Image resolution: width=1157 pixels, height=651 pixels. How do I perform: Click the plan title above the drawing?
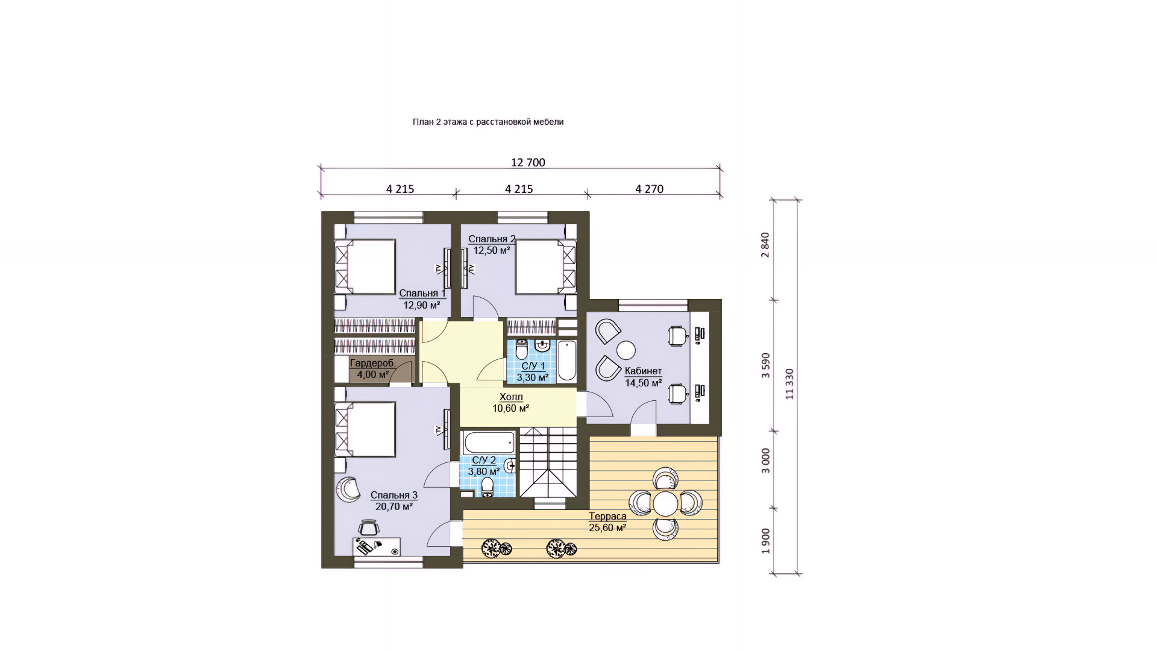tap(488, 122)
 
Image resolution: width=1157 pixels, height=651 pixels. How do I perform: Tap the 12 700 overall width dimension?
tap(528, 162)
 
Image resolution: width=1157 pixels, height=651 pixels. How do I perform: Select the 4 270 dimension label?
tap(649, 189)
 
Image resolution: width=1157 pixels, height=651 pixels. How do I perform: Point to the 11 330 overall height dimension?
tap(789, 384)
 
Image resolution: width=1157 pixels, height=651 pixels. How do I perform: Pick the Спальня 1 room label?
tap(422, 294)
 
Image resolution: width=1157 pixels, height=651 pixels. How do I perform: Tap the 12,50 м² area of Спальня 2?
tap(492, 250)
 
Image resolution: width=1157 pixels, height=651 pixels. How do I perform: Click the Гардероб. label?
tap(373, 363)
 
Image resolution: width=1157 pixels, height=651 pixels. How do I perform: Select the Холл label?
tap(511, 397)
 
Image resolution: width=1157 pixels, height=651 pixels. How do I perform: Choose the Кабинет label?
tap(643, 371)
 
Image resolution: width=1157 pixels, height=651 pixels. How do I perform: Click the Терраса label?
tap(607, 516)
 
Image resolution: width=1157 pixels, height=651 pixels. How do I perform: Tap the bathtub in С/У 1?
tap(566, 361)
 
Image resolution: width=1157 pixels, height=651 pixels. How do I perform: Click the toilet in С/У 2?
tap(488, 487)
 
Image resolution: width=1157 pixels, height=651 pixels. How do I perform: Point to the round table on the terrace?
tap(666, 503)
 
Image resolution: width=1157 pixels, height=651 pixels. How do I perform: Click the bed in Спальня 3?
tap(365, 429)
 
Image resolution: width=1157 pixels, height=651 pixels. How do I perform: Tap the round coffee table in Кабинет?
tap(626, 350)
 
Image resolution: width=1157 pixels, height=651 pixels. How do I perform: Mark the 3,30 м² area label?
tap(532, 378)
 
